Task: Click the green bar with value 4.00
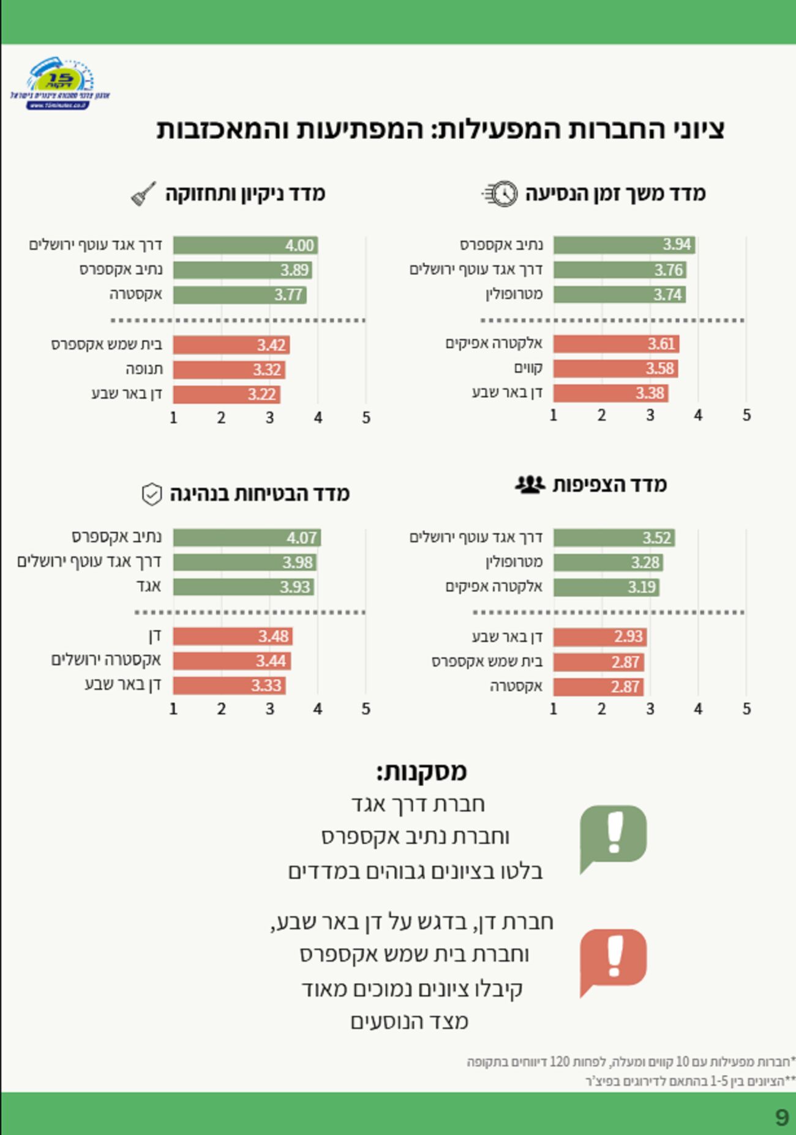pyautogui.click(x=245, y=245)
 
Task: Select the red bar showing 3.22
pyautogui.click(x=226, y=394)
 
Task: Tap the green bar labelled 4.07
pyautogui.click(x=246, y=538)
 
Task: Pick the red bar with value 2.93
pyautogui.click(x=599, y=637)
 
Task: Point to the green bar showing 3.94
pyautogui.click(x=623, y=245)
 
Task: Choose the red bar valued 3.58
pyautogui.click(x=615, y=369)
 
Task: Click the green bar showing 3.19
pyautogui.click(x=606, y=588)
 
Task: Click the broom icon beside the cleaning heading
pyautogui.click(x=144, y=194)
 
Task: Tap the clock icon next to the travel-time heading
pyautogui.click(x=501, y=194)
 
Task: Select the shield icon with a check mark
pyautogui.click(x=151, y=494)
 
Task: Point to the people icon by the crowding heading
pyautogui.click(x=530, y=485)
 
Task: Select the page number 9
pyautogui.click(x=781, y=1118)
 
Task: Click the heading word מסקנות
pyautogui.click(x=422, y=771)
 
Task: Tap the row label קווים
pyautogui.click(x=528, y=369)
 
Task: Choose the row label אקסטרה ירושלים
pyautogui.click(x=106, y=661)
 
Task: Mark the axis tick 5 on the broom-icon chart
pyautogui.click(x=366, y=418)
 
